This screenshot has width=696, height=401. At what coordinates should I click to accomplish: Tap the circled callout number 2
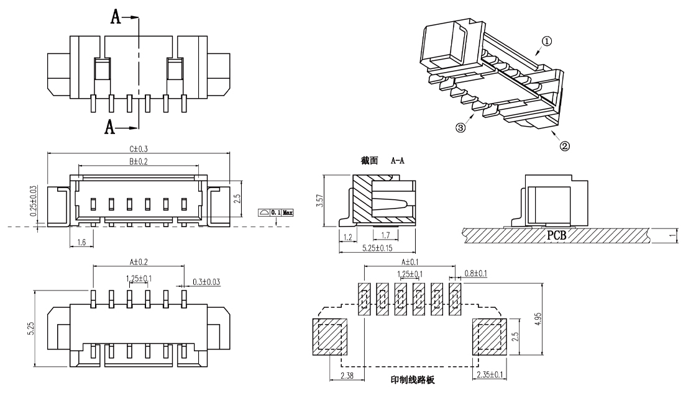tap(565, 146)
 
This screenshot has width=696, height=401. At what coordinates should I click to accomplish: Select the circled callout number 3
tap(460, 128)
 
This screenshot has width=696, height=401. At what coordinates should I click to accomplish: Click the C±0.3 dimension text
tap(139, 149)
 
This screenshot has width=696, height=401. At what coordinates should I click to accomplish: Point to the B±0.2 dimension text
tap(139, 162)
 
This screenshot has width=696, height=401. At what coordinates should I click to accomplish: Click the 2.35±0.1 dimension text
tap(490, 375)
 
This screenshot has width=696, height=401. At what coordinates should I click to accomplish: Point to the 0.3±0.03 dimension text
tap(207, 281)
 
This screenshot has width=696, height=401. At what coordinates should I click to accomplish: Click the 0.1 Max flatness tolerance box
tap(275, 212)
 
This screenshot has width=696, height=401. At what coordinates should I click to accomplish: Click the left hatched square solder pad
tap(329, 337)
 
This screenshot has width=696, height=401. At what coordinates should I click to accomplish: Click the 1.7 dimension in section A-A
tap(385, 236)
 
